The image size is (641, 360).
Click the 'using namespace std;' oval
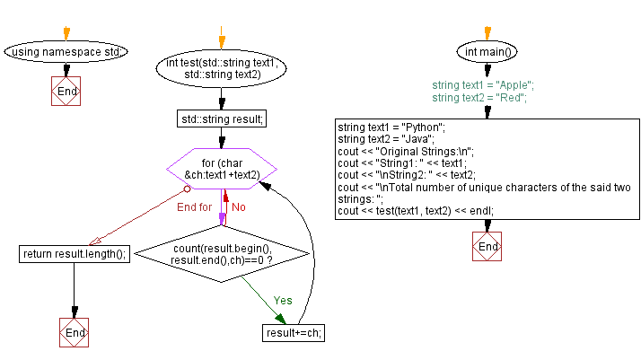(x=66, y=52)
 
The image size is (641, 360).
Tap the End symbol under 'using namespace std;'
(x=66, y=92)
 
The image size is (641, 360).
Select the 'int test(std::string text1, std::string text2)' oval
(x=222, y=69)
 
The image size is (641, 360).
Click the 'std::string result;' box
(x=222, y=119)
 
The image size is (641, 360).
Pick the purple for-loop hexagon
(x=222, y=169)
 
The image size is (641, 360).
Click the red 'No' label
(x=239, y=207)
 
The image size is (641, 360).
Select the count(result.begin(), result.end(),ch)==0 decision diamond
(x=222, y=254)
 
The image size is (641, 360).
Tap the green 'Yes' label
(x=282, y=300)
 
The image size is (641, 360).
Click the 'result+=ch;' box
(x=294, y=332)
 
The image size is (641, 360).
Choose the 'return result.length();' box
(x=75, y=254)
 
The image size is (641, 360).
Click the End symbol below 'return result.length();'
(x=75, y=332)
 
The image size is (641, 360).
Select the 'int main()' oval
(x=487, y=52)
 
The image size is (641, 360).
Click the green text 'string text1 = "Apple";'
(x=482, y=85)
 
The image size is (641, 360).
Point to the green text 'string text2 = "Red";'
(x=479, y=97)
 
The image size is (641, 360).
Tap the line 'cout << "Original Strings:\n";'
(x=405, y=151)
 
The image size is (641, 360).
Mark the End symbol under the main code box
(x=487, y=247)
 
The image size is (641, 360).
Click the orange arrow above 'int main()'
(x=487, y=33)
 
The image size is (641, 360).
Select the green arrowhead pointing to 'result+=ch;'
(x=281, y=318)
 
